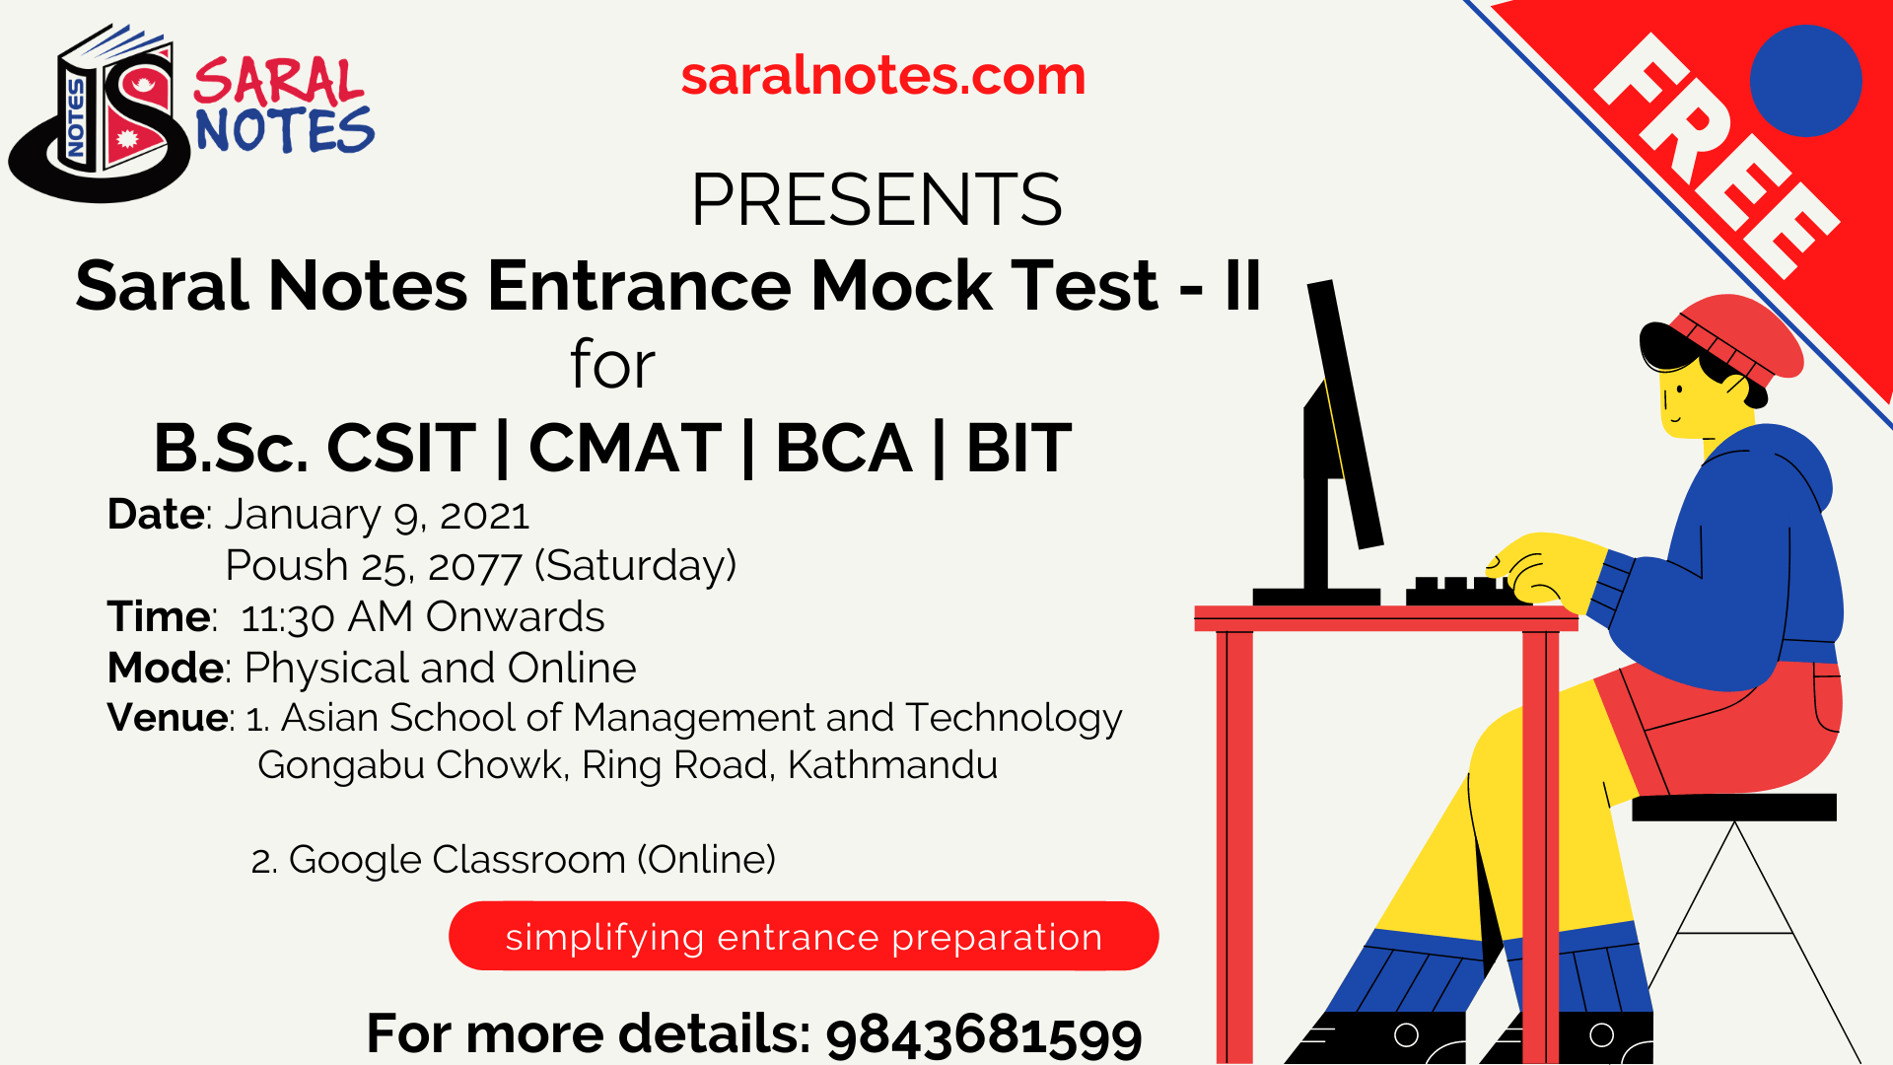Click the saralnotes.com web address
point(882,76)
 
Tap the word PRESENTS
point(876,200)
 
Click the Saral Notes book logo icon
point(104,113)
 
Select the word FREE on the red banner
point(1716,158)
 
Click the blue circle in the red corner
point(1805,81)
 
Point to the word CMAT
point(625,449)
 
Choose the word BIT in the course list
point(1018,449)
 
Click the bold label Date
point(156,515)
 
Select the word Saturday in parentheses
point(635,566)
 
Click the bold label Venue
point(168,718)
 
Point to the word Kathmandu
point(892,765)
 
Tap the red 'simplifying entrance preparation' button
point(803,936)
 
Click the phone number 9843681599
point(983,1034)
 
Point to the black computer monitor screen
point(1343,414)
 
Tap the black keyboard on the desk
point(1459,593)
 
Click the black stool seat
point(1733,808)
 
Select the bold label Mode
point(165,669)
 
